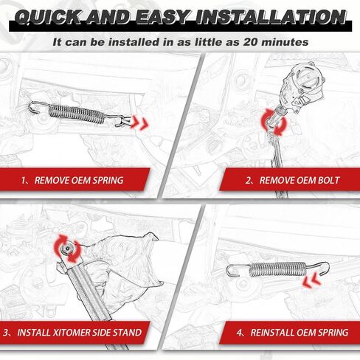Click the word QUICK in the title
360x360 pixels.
[48, 17]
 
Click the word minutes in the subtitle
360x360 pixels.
[285, 42]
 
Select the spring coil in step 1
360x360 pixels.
[76, 114]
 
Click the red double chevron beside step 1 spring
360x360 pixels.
[139, 122]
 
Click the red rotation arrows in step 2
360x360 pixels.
[274, 122]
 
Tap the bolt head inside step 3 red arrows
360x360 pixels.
[67, 249]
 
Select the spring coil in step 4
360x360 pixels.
[277, 269]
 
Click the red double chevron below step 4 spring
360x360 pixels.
[312, 281]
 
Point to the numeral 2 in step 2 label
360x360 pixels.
[249, 180]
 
